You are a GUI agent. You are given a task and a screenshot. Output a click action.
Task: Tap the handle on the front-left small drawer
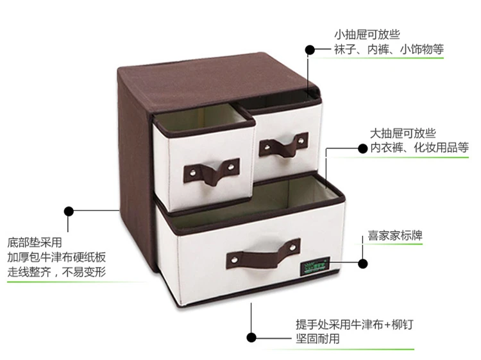pos(212,171)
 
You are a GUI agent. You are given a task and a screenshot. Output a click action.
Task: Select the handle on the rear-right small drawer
pos(283,145)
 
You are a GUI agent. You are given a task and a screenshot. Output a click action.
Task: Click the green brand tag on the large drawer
pos(315,266)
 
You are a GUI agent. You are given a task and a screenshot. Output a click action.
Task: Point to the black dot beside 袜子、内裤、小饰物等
pos(310,49)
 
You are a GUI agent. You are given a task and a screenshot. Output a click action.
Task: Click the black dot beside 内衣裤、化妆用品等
pos(362,149)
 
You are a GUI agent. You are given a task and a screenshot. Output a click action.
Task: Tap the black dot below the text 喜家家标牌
pos(363,264)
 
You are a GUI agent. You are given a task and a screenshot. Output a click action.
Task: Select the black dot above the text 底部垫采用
pos(69,211)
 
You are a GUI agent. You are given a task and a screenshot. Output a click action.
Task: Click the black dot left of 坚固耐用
pos(251,338)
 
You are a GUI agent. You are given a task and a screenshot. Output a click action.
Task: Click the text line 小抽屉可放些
pos(367,35)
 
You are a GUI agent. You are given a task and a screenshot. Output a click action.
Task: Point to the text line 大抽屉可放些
pos(403,133)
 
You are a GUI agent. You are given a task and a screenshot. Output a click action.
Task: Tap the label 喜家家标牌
pos(395,236)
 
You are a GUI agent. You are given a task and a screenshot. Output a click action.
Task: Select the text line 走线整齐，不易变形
pos(56,272)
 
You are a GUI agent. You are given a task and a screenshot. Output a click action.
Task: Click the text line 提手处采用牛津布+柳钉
pos(355,325)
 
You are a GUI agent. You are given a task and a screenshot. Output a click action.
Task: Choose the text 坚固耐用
pos(317,339)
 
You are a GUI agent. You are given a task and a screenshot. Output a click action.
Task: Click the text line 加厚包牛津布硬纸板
pos(56,257)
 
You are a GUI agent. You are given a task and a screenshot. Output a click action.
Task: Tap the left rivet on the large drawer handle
pos(234,260)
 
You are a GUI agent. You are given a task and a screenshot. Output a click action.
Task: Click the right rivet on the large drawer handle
pos(293,246)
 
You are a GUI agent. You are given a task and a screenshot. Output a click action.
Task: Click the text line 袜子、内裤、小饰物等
pos(389,49)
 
